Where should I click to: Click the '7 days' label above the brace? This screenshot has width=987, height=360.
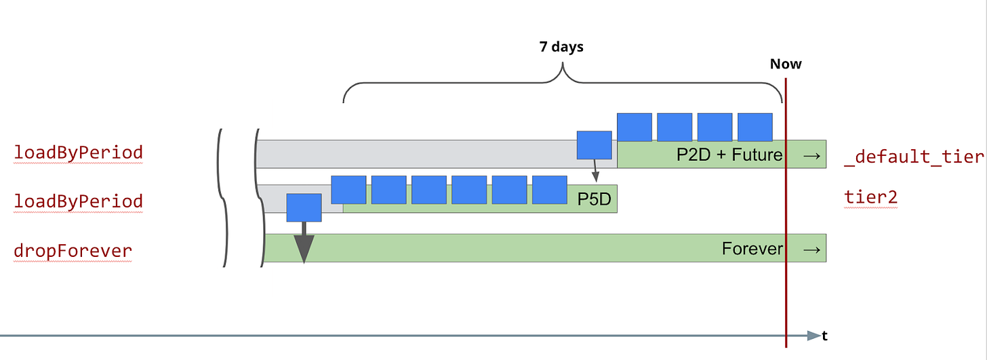pos(561,47)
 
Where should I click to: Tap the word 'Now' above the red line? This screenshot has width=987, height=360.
pos(786,64)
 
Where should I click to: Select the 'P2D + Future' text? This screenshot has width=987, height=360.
pos(729,155)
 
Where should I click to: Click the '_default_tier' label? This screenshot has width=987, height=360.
pos(914,157)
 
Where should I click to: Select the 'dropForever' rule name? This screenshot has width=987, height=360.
pos(73,251)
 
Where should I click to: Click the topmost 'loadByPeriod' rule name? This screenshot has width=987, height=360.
pos(78,153)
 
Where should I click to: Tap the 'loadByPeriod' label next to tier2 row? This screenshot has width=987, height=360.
pos(78,201)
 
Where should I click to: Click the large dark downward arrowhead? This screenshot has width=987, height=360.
pos(304,249)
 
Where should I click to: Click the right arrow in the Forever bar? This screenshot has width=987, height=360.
pos(811,249)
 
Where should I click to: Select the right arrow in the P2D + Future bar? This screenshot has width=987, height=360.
pos(811,155)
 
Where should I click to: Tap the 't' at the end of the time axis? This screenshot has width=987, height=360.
pos(825,336)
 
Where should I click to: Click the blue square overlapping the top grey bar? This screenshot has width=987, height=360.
pos(594,145)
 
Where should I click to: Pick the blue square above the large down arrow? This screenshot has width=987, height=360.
pos(304,207)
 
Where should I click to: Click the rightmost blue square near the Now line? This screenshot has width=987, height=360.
pos(754,127)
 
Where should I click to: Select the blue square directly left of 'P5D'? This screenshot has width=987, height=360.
pos(549,190)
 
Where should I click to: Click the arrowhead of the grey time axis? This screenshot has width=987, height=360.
pos(813,336)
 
